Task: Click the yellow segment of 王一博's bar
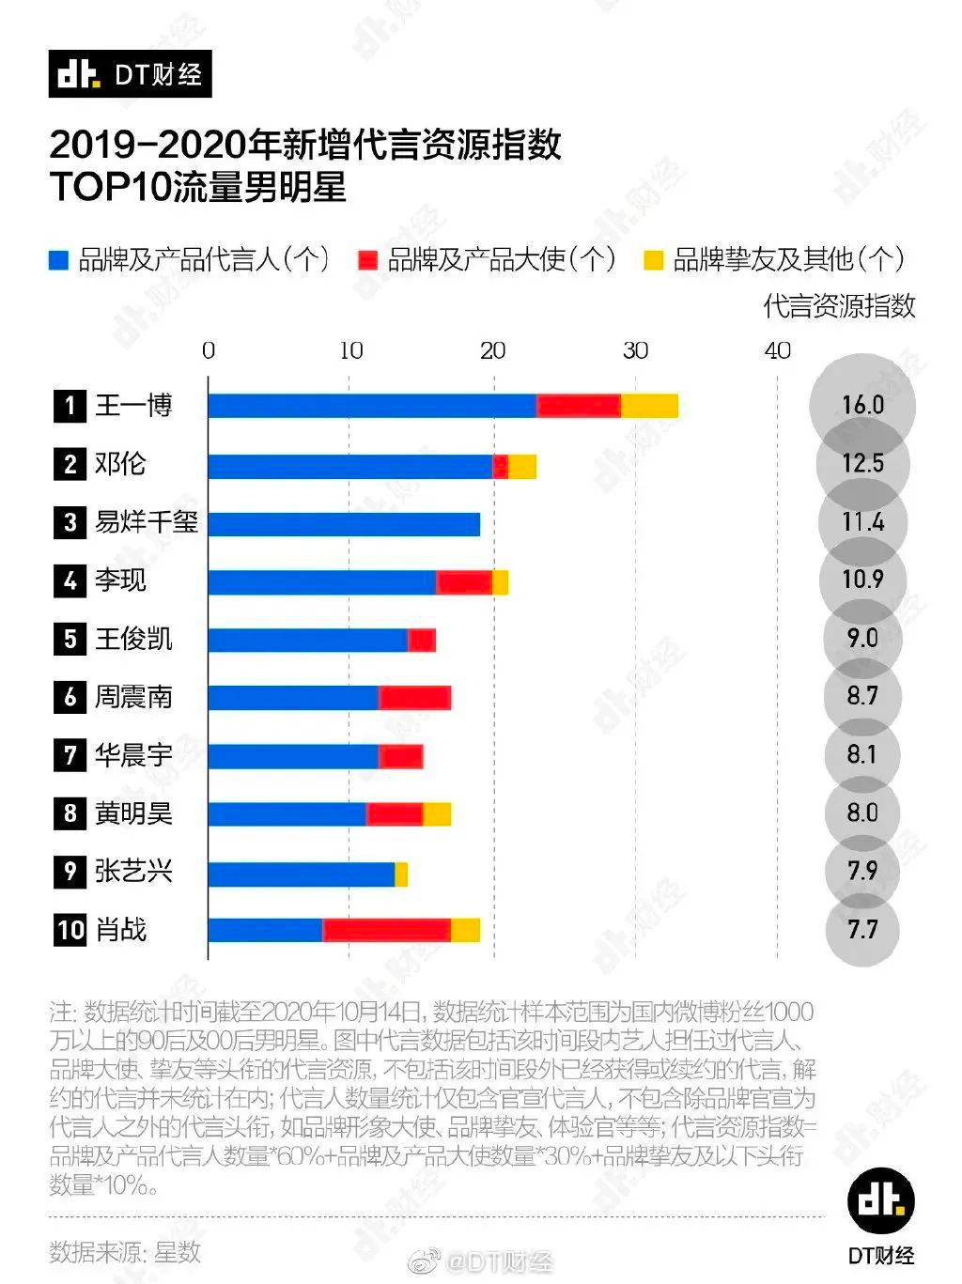(649, 406)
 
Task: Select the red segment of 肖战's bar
(386, 930)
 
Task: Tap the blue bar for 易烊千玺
(344, 523)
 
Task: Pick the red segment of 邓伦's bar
(501, 466)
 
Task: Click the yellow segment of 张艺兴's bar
(401, 874)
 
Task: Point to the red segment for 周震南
(414, 698)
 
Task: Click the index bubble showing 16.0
(862, 405)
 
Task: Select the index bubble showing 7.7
(862, 930)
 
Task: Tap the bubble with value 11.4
(862, 521)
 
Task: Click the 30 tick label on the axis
(635, 350)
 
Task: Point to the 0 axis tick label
(209, 350)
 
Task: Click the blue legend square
(59, 260)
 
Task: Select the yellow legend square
(653, 260)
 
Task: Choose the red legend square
(367, 260)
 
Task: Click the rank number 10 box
(70, 930)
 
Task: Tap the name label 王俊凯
(133, 639)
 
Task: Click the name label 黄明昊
(133, 813)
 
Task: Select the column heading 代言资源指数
(839, 305)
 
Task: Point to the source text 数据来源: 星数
(125, 1251)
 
